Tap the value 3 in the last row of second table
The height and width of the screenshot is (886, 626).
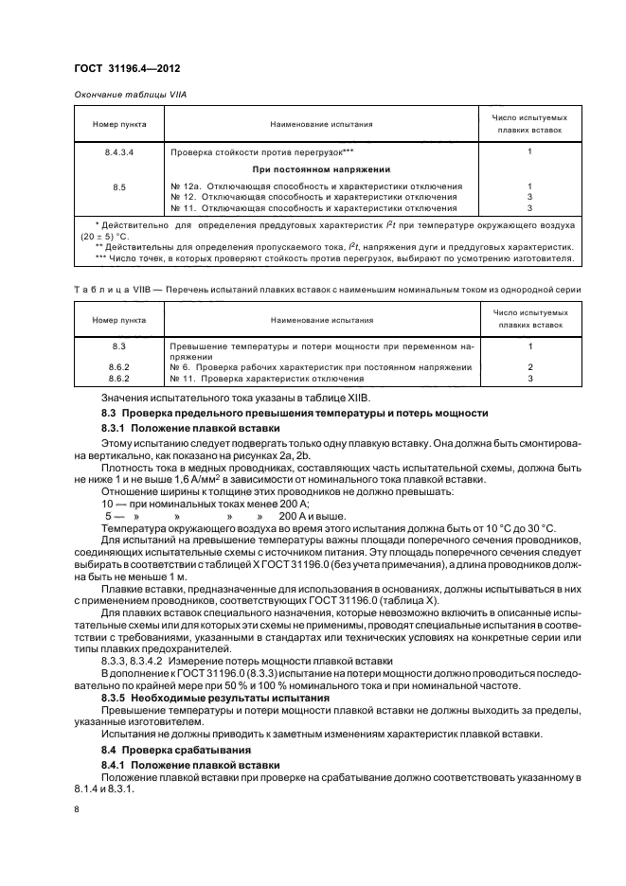530,379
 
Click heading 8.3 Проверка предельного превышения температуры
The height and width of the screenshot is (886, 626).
295,414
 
